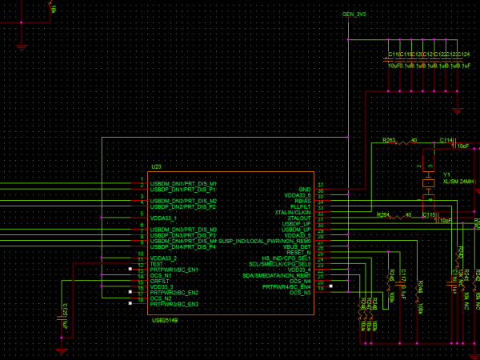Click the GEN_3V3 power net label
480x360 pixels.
tap(354, 14)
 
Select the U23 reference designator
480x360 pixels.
tap(156, 166)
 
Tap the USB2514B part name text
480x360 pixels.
tap(165, 319)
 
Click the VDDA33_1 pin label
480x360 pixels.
tap(163, 218)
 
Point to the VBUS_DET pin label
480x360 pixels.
tap(297, 246)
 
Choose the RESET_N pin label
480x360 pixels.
tap(298, 252)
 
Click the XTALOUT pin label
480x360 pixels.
tap(298, 218)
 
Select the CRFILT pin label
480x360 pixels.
tap(159, 281)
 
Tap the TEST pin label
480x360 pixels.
tap(157, 264)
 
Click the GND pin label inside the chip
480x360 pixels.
tap(305, 189)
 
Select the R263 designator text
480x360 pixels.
tap(389, 139)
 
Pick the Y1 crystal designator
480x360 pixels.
tap(447, 174)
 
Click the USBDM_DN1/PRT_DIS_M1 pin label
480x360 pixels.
tap(183, 183)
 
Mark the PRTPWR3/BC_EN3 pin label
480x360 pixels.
tap(174, 304)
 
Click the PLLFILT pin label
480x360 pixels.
tap(299, 206)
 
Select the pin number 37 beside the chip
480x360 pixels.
tap(320, 186)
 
